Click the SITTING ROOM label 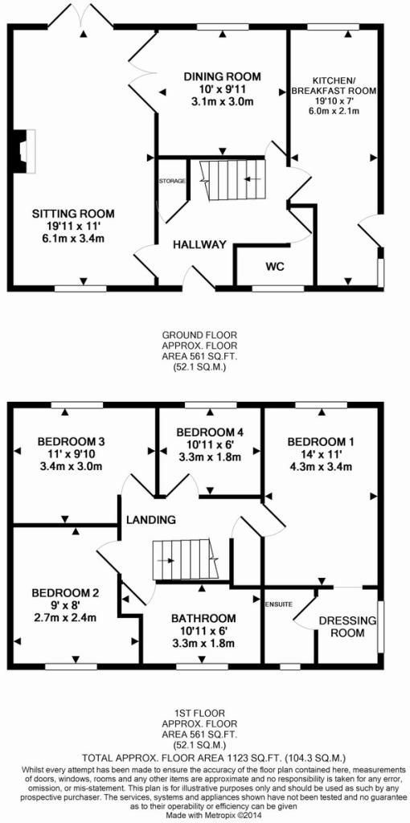[73, 214]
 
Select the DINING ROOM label [222, 77]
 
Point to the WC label [275, 267]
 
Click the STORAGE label [172, 181]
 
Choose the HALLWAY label [200, 244]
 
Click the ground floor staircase [234, 179]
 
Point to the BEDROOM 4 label [210, 432]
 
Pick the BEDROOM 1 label [322, 442]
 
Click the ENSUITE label [278, 604]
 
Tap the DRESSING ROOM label [348, 627]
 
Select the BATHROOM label [203, 618]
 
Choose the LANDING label [150, 520]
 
